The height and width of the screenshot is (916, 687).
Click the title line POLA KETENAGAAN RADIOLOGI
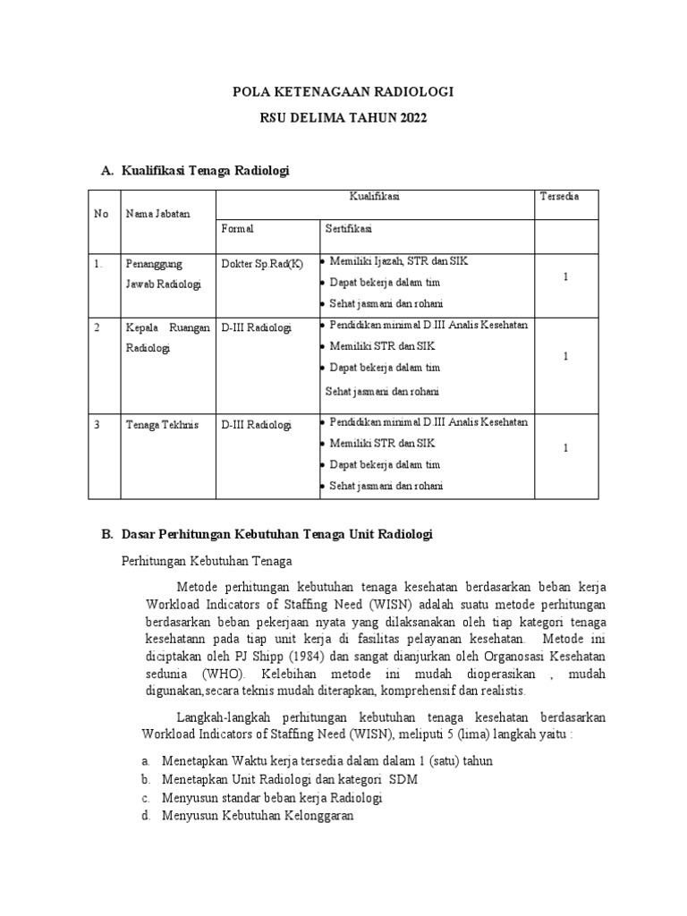click(x=343, y=91)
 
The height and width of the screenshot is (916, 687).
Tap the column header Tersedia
click(x=559, y=196)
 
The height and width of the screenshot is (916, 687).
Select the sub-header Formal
click(x=237, y=229)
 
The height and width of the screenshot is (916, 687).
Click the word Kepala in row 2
click(x=142, y=327)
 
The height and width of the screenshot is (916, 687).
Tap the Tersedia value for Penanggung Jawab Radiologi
click(x=565, y=278)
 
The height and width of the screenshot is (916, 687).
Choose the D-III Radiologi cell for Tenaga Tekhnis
click(x=256, y=424)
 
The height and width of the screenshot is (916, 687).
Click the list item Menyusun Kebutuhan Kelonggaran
click(x=258, y=816)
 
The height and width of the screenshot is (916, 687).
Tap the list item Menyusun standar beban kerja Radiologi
click(x=272, y=797)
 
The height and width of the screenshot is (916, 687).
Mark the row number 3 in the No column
click(x=97, y=424)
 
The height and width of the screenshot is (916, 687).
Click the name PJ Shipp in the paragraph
click(x=254, y=657)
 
